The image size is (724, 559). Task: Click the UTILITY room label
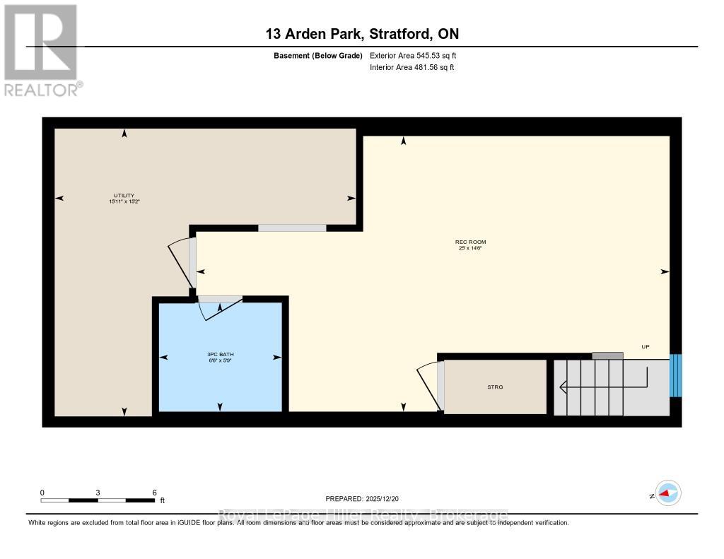[124, 196]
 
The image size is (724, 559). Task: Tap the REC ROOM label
[470, 242]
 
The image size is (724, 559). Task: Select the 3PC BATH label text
[219, 354]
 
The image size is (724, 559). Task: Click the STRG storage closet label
[495, 387]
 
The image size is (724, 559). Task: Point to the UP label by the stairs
[645, 347]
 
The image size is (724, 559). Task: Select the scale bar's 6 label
[153, 493]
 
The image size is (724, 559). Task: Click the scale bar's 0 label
[42, 493]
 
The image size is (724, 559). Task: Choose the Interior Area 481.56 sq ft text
[412, 68]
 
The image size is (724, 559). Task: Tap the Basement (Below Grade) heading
[317, 55]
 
